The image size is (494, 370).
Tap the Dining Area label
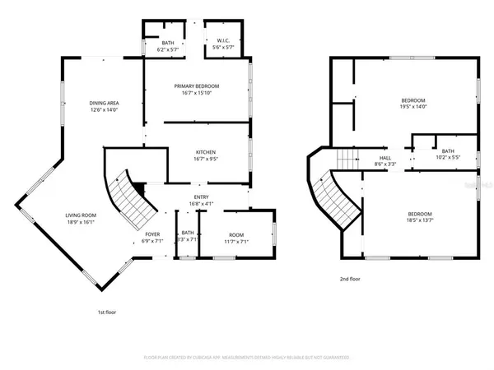(104, 103)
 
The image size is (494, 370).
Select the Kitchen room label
(205, 153)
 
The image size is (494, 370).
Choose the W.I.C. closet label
(223, 42)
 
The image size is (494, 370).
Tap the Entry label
(202, 197)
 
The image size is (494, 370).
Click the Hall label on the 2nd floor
(385, 158)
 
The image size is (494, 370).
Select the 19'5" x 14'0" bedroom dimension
(417, 107)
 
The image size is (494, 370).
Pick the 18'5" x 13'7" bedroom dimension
(419, 220)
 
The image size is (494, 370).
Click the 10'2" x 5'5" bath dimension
(448, 157)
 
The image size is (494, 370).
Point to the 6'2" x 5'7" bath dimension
(168, 49)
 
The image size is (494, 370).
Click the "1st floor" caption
(106, 312)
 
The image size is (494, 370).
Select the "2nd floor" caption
(351, 279)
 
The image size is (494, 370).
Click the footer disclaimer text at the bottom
(246, 358)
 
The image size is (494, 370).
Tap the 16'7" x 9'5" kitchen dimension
(205, 160)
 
